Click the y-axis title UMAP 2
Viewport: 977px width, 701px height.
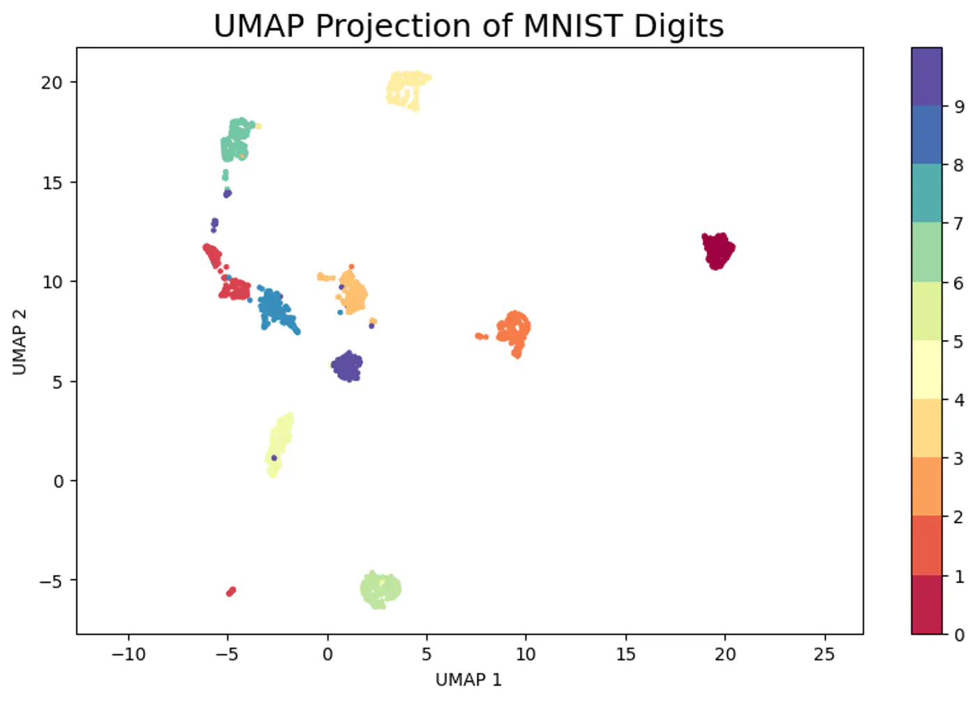pyautogui.click(x=20, y=341)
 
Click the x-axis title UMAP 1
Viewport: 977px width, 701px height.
pyautogui.click(x=468, y=679)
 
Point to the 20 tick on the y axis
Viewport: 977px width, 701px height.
pyautogui.click(x=52, y=82)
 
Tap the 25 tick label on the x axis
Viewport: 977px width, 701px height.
pyautogui.click(x=824, y=654)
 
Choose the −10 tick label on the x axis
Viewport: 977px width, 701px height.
pyautogui.click(x=128, y=654)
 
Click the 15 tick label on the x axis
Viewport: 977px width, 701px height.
pyautogui.click(x=625, y=654)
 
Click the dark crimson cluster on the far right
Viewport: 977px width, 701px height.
pyautogui.click(x=717, y=251)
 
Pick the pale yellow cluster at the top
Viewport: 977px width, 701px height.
pyautogui.click(x=407, y=89)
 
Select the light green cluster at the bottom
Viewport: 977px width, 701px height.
pyautogui.click(x=380, y=589)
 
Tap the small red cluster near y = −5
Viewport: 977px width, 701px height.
pyautogui.click(x=230, y=591)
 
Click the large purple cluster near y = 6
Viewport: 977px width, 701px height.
pyautogui.click(x=348, y=365)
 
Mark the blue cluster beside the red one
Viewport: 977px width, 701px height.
pyautogui.click(x=274, y=309)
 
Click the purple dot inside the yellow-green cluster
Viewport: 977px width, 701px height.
pyautogui.click(x=274, y=458)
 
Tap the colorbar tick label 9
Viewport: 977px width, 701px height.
pyautogui.click(x=959, y=107)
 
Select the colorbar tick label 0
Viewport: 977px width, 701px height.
pyautogui.click(x=959, y=635)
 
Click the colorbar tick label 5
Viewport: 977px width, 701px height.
pyautogui.click(x=959, y=341)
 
